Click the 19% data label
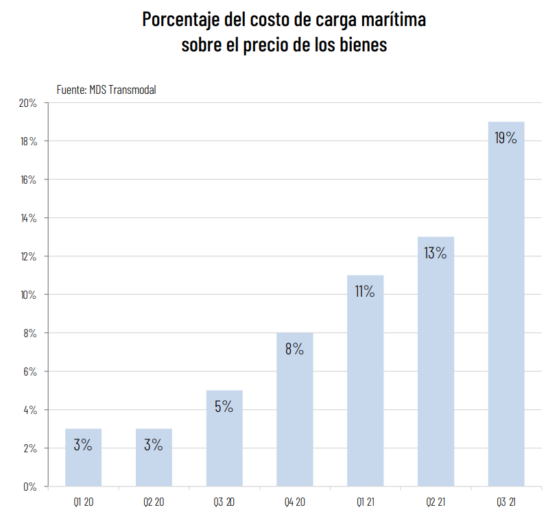point(506,138)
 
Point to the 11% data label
point(365,291)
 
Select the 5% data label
point(224,406)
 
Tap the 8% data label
point(294,349)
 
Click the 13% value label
point(436,253)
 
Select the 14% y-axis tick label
point(28,218)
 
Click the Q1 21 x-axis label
point(365,502)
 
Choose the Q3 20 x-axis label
point(224,502)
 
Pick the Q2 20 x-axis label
point(154,502)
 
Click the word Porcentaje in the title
point(180,19)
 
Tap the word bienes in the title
point(360,45)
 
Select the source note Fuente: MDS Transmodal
point(106,89)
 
